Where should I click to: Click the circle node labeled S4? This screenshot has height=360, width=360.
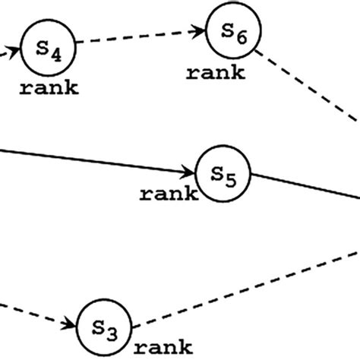click(x=49, y=48)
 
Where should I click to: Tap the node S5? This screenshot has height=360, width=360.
click(x=223, y=173)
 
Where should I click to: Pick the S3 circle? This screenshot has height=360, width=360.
click(x=105, y=327)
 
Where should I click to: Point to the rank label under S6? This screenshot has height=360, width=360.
click(x=216, y=74)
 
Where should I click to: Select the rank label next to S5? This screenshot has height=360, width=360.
click(x=169, y=194)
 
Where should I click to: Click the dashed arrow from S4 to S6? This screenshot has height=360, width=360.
click(x=141, y=38)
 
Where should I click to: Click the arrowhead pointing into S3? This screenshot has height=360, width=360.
click(x=71, y=324)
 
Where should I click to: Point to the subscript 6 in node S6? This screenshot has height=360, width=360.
click(x=242, y=37)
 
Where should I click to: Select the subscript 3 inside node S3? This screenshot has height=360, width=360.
click(x=112, y=332)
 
